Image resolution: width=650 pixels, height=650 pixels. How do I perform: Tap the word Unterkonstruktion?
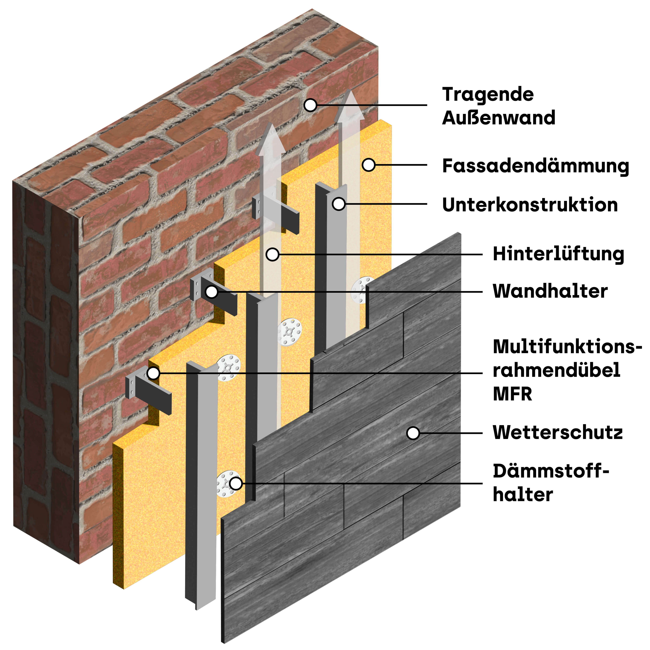pos(530,205)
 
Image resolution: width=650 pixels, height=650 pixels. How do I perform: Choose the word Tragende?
pos(488,95)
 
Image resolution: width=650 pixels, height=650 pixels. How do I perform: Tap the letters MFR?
pos(512,394)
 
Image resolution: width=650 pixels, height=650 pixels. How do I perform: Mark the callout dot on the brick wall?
pos(310,105)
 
